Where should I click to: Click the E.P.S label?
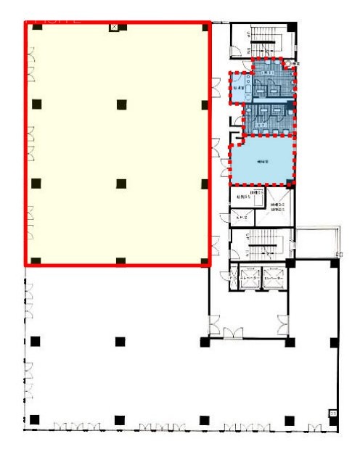click(x=240, y=217)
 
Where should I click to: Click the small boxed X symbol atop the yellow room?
click(x=113, y=27)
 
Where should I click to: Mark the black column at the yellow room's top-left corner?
click(x=33, y=28)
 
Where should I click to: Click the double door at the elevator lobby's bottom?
click(x=233, y=332)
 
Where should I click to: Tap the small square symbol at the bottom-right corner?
click(x=333, y=414)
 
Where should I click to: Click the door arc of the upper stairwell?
click(x=237, y=49)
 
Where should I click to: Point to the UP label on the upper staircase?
click(x=248, y=35)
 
